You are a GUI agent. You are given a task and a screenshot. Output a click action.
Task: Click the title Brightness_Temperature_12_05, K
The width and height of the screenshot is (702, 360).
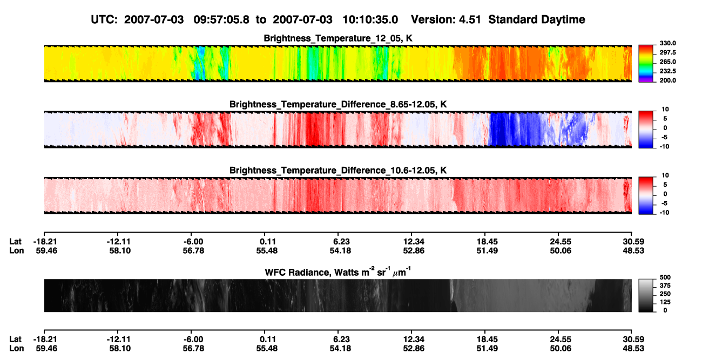(338, 38)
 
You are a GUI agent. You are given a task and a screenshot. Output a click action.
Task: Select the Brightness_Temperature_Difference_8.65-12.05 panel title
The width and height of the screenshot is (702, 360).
(338, 104)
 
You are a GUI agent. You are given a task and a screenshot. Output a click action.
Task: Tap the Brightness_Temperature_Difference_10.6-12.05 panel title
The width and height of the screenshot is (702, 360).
(338, 171)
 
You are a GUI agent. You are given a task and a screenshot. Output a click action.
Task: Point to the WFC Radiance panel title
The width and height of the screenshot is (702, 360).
(338, 272)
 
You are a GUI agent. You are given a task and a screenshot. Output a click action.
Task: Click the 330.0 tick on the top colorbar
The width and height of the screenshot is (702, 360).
(667, 43)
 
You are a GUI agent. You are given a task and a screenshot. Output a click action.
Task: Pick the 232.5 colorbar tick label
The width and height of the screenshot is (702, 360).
(667, 71)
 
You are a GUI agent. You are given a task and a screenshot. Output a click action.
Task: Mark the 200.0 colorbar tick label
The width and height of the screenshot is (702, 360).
(667, 80)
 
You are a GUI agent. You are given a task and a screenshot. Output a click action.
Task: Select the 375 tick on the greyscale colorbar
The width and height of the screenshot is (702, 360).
(665, 286)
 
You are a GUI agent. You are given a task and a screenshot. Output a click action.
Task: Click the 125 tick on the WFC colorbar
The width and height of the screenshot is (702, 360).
(665, 302)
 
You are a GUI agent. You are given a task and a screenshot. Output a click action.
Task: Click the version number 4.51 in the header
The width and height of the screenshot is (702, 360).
(469, 20)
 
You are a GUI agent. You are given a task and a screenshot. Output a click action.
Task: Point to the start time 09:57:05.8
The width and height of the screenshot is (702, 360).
(221, 20)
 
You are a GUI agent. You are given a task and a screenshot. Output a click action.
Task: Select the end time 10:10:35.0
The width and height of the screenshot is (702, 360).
(370, 20)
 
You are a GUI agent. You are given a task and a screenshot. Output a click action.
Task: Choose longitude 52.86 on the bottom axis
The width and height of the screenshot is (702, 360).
(414, 349)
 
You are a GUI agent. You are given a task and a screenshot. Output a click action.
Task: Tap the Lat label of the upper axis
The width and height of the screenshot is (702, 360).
(15, 242)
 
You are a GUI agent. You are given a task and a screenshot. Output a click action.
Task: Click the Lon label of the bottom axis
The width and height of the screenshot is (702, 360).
(17, 349)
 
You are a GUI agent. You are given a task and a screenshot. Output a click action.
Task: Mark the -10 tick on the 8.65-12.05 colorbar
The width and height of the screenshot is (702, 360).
(665, 147)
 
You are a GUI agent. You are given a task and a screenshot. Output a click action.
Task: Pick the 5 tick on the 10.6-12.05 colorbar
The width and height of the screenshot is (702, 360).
(665, 185)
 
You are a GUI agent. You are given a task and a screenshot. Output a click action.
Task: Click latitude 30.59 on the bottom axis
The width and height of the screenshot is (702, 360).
(633, 339)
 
